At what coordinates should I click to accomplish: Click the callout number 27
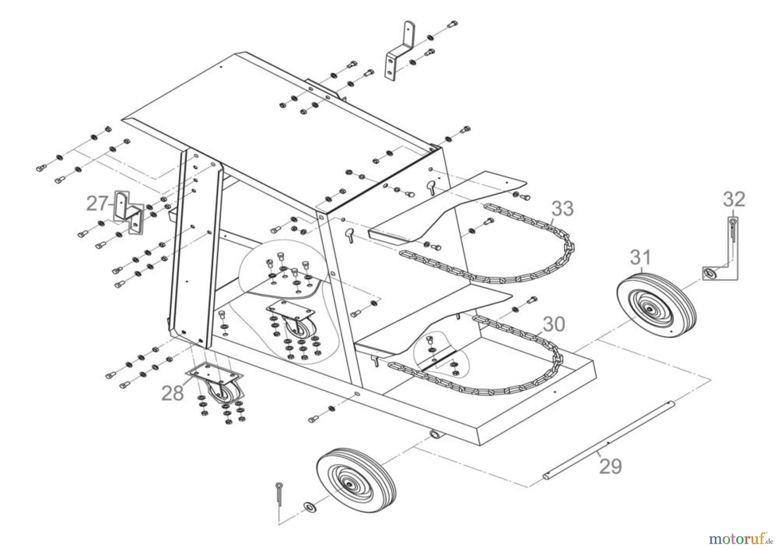pos(98,203)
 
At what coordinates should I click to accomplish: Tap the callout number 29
pos(610,467)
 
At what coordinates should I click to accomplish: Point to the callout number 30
pos(553,324)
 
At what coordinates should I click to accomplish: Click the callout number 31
pos(640,258)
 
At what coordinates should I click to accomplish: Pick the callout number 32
pos(734,199)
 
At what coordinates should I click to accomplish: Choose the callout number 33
pos(562,208)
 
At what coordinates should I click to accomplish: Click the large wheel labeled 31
pos(656,304)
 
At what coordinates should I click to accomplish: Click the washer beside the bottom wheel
pos(309,506)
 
